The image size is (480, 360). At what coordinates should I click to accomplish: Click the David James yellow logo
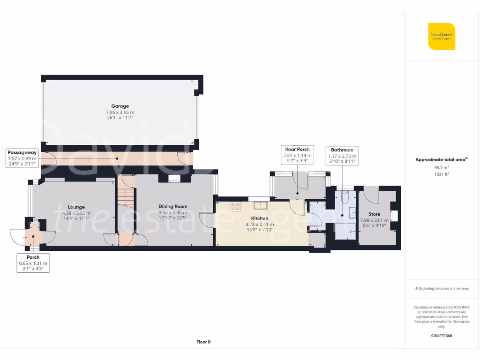(x=441, y=36)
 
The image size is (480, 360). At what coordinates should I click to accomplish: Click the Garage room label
(x=120, y=106)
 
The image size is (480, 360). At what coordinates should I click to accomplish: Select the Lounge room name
(x=76, y=207)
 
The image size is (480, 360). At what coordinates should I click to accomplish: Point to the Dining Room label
(x=172, y=206)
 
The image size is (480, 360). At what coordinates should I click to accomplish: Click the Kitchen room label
(x=260, y=218)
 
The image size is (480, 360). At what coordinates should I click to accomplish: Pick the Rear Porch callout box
(x=297, y=155)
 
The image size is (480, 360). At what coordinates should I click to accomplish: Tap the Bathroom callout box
(x=342, y=156)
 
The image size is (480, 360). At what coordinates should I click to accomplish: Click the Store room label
(x=374, y=214)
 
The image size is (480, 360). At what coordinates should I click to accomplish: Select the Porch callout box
(x=33, y=263)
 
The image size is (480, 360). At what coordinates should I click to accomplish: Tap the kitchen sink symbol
(x=260, y=205)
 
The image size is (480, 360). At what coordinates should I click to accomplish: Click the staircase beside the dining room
(x=125, y=197)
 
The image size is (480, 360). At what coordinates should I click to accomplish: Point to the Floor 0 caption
(x=203, y=342)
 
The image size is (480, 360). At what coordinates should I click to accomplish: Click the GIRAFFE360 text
(x=441, y=336)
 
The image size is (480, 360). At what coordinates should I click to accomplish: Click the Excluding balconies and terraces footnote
(x=441, y=288)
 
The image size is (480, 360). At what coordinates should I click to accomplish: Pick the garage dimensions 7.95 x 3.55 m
(x=120, y=112)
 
